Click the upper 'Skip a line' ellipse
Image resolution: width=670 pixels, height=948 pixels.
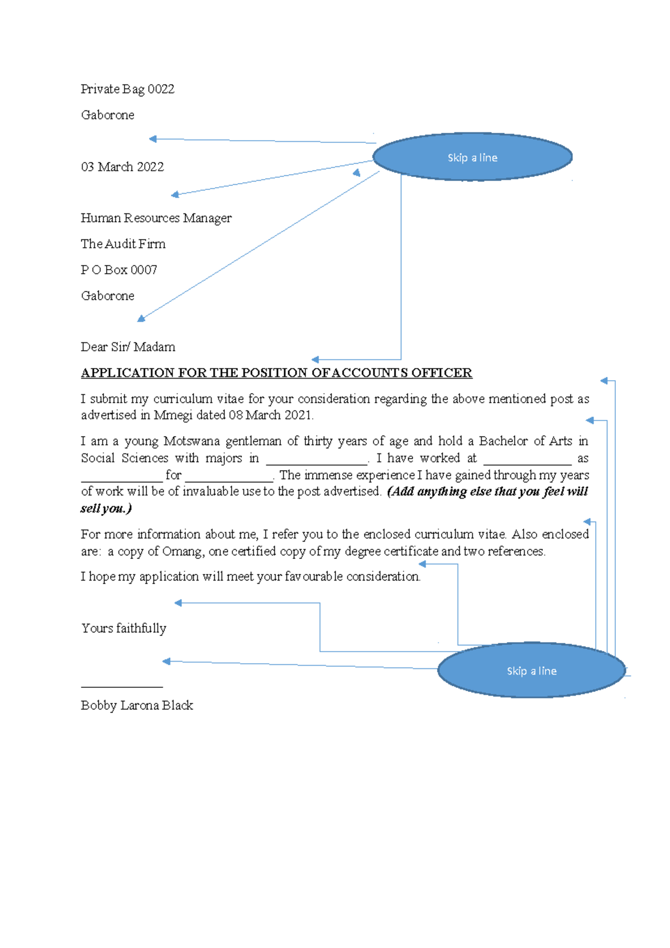(472, 157)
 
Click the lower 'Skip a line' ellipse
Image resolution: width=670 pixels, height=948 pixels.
(531, 671)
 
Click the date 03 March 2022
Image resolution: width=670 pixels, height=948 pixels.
(122, 167)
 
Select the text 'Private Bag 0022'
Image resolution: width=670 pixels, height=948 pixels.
(127, 89)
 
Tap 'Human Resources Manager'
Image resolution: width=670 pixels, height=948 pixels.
(156, 218)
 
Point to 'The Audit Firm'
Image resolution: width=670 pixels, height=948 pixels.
(123, 244)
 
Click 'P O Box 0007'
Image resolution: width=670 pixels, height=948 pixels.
(119, 270)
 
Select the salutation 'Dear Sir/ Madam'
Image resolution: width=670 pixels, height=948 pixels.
(128, 347)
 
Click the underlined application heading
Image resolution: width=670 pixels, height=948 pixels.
(276, 373)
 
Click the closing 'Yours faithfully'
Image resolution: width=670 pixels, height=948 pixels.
(123, 629)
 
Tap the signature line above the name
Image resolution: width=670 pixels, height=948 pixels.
(122, 686)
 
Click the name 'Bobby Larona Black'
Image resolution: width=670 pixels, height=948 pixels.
(137, 706)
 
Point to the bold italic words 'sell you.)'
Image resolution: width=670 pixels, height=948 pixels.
(106, 509)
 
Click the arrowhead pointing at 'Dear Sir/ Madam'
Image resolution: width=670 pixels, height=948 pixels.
(315, 360)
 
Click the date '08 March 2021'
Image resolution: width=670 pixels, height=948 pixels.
(270, 415)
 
